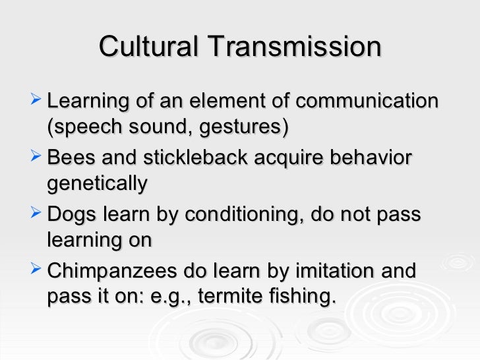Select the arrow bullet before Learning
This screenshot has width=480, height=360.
(x=36, y=101)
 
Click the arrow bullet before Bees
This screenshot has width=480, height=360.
(x=36, y=158)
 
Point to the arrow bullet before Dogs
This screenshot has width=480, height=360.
(x=36, y=215)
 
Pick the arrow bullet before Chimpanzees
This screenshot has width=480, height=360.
(x=36, y=270)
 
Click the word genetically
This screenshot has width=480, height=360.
(x=97, y=183)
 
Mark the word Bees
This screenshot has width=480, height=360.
(x=70, y=159)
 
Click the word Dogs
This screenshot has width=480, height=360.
(x=73, y=216)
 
